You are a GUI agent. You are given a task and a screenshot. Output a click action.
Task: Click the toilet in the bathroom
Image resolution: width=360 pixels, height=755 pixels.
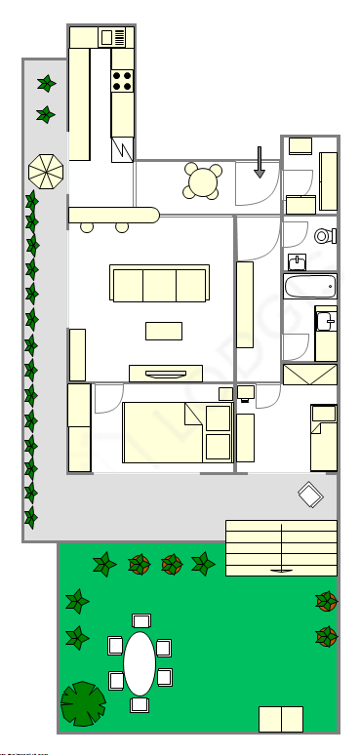click(325, 235)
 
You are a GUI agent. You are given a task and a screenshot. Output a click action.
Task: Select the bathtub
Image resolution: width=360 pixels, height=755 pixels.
click(310, 286)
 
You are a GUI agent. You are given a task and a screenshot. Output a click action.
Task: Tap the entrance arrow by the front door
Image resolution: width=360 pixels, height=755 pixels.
click(260, 161)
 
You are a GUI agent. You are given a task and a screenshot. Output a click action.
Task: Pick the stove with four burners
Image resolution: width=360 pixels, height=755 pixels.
click(123, 81)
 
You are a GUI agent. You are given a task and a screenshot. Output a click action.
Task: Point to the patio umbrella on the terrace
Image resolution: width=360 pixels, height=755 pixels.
click(46, 173)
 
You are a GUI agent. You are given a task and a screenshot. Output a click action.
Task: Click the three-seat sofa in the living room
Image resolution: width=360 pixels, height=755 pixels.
click(160, 284)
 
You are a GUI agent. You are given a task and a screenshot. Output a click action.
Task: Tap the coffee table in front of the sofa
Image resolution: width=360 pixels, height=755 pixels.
click(164, 331)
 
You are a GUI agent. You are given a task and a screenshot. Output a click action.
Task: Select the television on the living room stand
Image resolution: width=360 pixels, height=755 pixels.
click(166, 372)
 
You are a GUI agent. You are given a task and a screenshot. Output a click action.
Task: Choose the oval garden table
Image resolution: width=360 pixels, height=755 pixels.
click(140, 663)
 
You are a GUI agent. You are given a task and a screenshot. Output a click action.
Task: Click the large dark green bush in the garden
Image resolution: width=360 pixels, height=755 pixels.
click(83, 704)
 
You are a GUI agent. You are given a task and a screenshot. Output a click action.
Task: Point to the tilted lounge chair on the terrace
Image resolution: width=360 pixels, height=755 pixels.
click(311, 495)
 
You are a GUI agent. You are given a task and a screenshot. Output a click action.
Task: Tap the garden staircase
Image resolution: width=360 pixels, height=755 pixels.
click(281, 548)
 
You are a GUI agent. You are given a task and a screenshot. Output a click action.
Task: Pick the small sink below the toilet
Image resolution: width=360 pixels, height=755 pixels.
click(298, 260)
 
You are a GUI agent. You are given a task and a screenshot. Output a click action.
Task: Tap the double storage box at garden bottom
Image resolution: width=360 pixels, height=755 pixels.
click(281, 719)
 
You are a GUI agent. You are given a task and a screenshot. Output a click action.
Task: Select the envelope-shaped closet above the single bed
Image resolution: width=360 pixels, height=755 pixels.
click(309, 376)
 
